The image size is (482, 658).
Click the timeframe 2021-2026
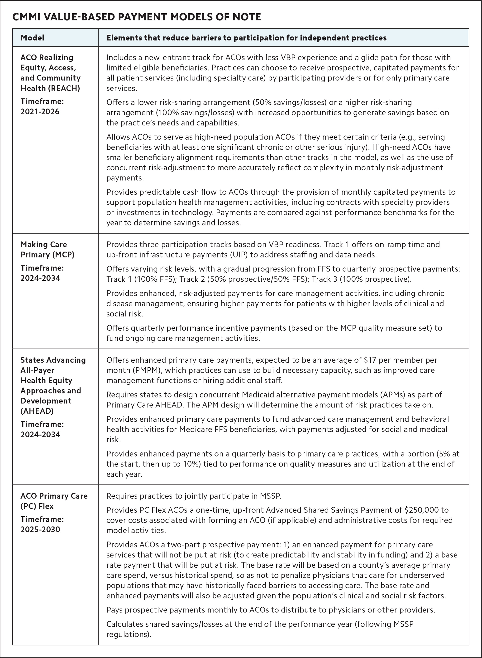pos(40,112)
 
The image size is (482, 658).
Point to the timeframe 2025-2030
pos(40,529)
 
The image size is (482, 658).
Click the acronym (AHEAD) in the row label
pos(37,411)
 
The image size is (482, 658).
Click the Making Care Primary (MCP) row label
pos(47,249)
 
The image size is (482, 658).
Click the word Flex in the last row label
pos(46,506)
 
